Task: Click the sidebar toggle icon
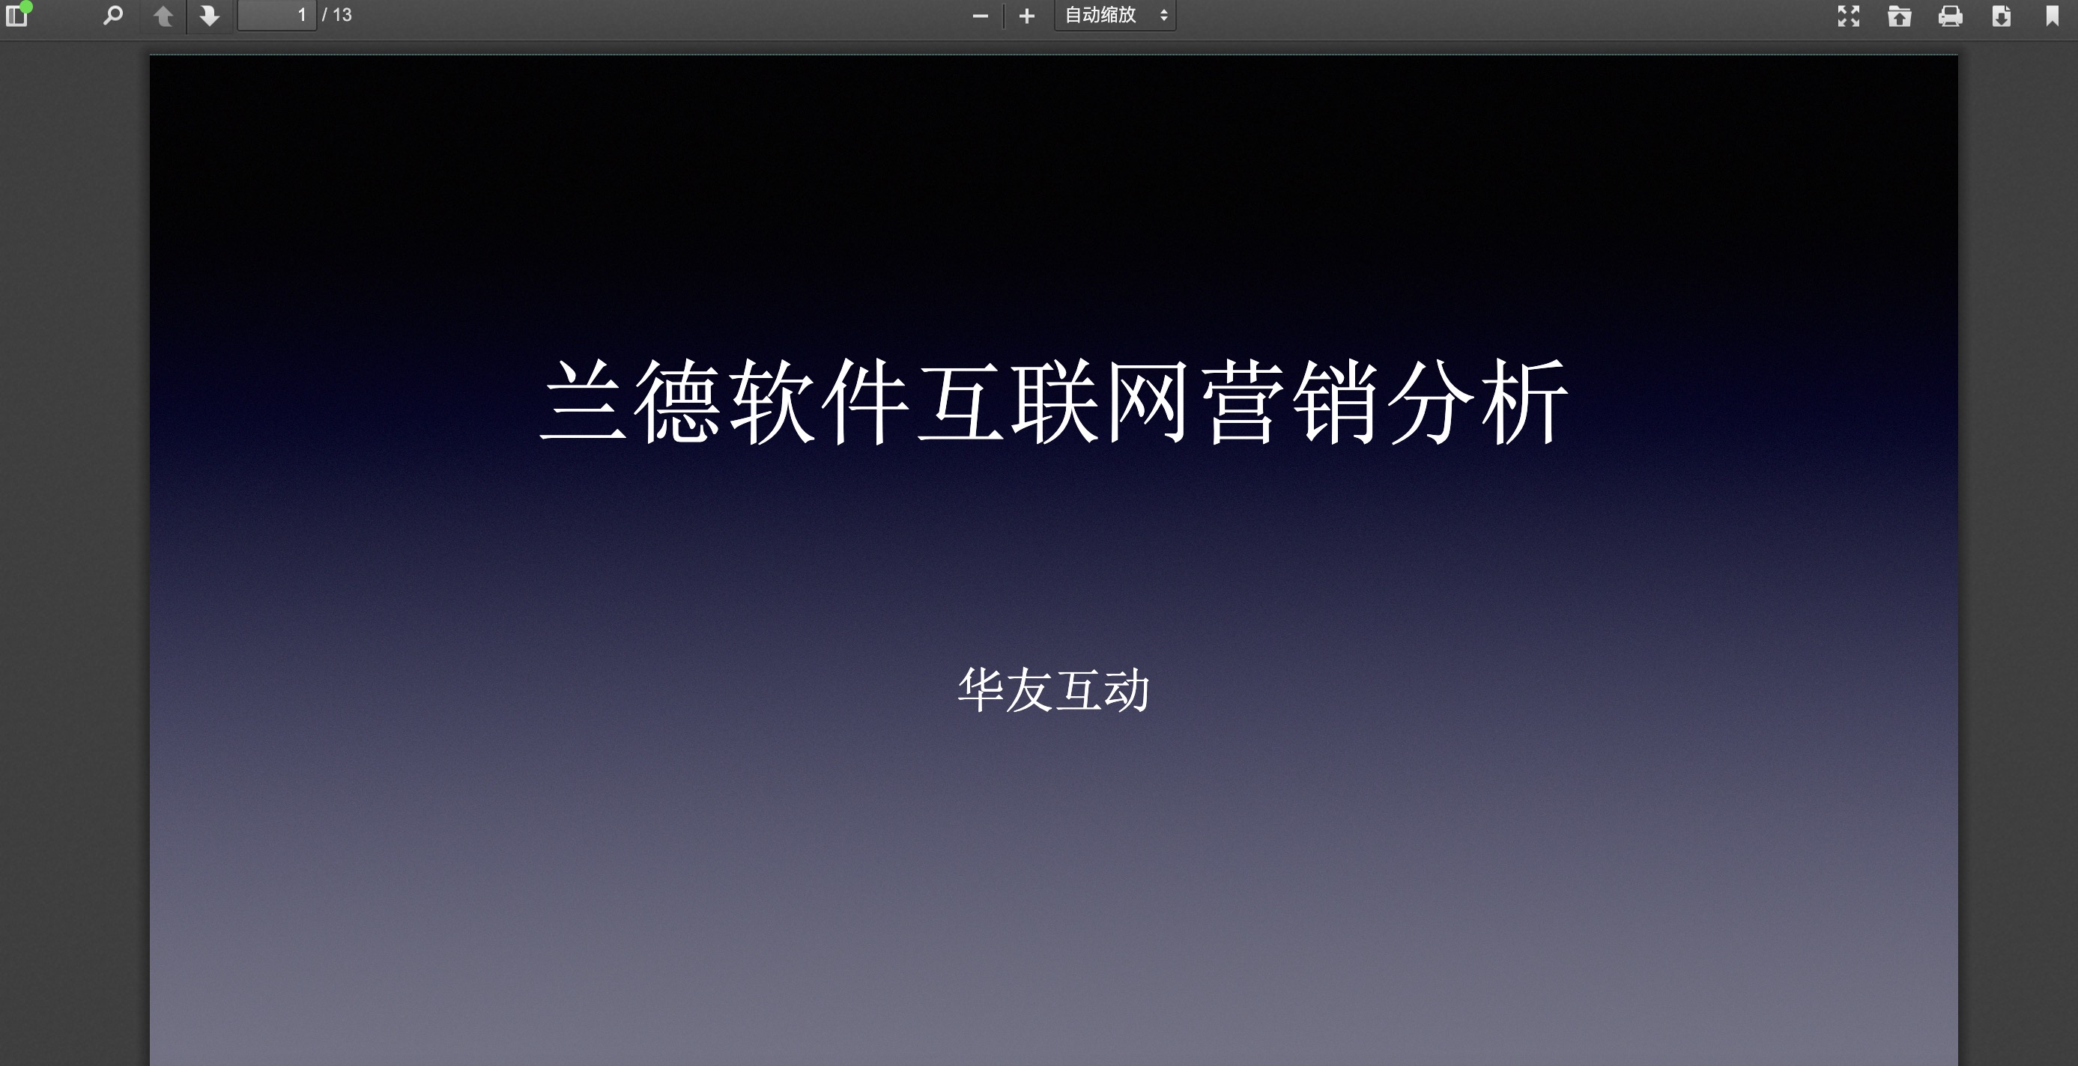point(17,15)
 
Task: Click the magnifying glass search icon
point(113,15)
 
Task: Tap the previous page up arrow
point(163,15)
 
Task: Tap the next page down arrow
point(210,15)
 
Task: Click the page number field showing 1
point(276,15)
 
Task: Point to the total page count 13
point(342,15)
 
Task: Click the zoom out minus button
point(980,16)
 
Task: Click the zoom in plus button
point(1027,16)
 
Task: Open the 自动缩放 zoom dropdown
point(1115,15)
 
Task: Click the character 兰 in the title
point(584,400)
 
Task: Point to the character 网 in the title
point(1148,400)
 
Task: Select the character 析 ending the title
point(1524,400)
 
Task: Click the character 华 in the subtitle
point(981,690)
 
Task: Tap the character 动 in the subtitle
point(1126,690)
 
